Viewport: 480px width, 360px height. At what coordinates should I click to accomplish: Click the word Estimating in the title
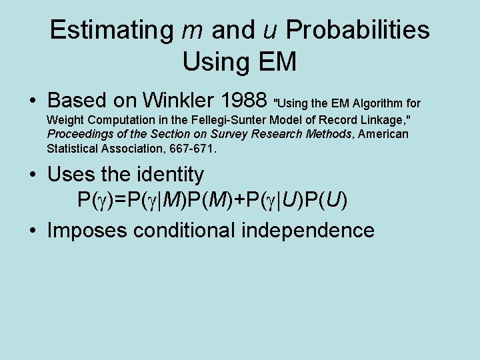coord(111,30)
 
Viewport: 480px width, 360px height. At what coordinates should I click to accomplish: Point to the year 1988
coord(243,100)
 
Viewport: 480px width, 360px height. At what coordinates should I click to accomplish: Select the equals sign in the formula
coord(112,200)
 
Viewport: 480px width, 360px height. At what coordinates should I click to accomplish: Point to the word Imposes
coord(86,230)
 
